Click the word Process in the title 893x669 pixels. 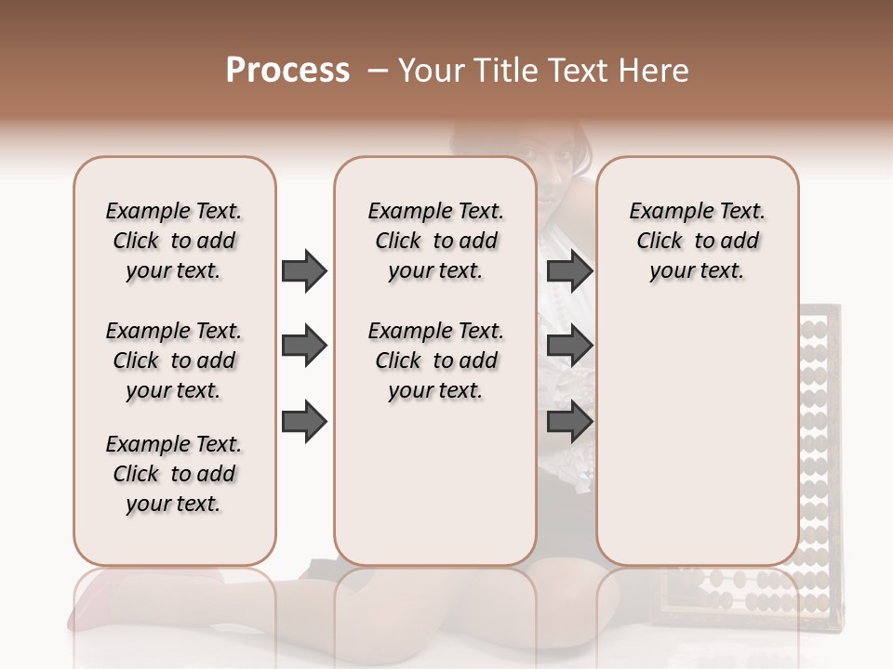tap(287, 71)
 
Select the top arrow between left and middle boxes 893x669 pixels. tap(304, 270)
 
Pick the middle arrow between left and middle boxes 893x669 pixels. tap(304, 347)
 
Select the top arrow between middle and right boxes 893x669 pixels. tap(570, 270)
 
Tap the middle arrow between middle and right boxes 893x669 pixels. tap(570, 347)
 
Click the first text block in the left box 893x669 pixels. tap(174, 241)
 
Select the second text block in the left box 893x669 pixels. tap(174, 361)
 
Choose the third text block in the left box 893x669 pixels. tap(174, 474)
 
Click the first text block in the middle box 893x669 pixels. tap(435, 241)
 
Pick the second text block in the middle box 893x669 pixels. tap(435, 361)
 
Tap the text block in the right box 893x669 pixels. tap(697, 241)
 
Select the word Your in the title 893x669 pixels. tap(430, 71)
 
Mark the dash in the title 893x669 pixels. tap(377, 71)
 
